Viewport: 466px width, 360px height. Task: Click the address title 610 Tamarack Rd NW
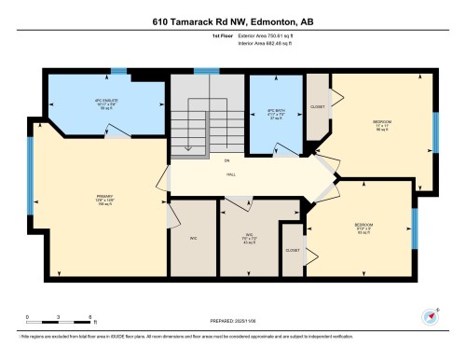tap(232, 21)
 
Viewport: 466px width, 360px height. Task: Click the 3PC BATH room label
tap(274, 111)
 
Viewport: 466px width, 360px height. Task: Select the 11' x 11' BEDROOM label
tap(382, 126)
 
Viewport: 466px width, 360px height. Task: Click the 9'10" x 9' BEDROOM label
tap(363, 228)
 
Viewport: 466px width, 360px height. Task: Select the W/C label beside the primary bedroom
tap(193, 239)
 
